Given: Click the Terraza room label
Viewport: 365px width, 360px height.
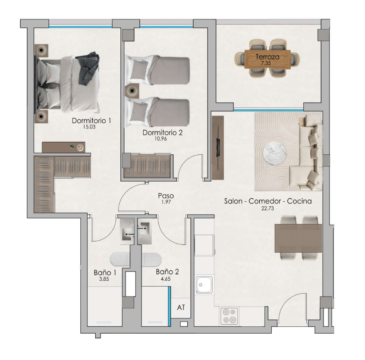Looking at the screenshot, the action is pyautogui.click(x=267, y=57).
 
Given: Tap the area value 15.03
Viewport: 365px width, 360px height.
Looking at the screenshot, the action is pyautogui.click(x=89, y=127).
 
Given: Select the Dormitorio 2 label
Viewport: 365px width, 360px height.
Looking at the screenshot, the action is pyautogui.click(x=163, y=132).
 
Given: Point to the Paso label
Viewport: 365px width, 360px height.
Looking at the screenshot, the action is pyautogui.click(x=166, y=196).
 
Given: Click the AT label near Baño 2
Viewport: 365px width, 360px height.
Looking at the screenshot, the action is pyautogui.click(x=181, y=307).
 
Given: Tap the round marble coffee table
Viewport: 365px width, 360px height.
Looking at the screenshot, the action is pyautogui.click(x=275, y=154).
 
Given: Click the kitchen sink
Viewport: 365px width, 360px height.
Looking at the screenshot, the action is pyautogui.click(x=204, y=285).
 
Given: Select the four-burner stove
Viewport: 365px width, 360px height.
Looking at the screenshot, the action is pyautogui.click(x=229, y=316).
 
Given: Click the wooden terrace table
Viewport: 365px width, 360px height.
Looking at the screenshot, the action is pyautogui.click(x=267, y=59).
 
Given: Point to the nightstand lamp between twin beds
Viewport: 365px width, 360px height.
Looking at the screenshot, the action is pyautogui.click(x=132, y=91).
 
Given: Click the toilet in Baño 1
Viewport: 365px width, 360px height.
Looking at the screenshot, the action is pyautogui.click(x=120, y=259).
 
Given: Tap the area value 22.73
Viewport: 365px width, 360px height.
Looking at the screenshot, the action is pyautogui.click(x=267, y=208).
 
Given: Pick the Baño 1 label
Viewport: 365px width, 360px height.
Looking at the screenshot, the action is pyautogui.click(x=105, y=272).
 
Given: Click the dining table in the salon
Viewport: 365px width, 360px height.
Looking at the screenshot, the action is pyautogui.click(x=298, y=238).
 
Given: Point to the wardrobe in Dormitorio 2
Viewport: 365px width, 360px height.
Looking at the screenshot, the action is pyautogui.click(x=148, y=166).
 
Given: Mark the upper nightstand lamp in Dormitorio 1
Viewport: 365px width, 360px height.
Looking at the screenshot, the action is pyautogui.click(x=41, y=50).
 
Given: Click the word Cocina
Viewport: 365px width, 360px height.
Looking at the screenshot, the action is pyautogui.click(x=299, y=201).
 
